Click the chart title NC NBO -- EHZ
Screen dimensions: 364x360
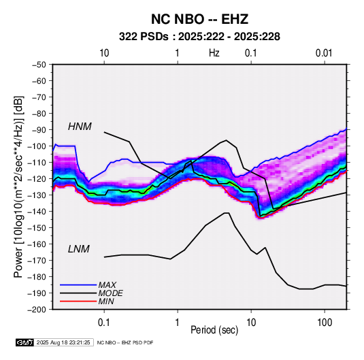199,19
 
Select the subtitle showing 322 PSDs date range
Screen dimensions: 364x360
199,37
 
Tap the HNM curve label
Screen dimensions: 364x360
80,127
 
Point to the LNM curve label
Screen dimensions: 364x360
79,249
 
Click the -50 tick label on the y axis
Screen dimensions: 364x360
39,65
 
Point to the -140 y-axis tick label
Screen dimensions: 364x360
37,212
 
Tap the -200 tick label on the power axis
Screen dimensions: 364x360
37,310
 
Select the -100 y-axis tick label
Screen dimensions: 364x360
37,146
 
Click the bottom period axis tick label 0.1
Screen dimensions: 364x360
104,323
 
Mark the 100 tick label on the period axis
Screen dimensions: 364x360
325,323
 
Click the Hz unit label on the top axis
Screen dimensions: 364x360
214,53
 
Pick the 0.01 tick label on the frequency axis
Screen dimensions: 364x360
324,53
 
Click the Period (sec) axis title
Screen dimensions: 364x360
214,330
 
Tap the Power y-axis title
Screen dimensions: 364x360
18,187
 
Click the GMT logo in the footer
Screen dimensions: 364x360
25,342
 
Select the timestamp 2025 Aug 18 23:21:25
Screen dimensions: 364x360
63,342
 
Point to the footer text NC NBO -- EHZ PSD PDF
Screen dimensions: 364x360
125,342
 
